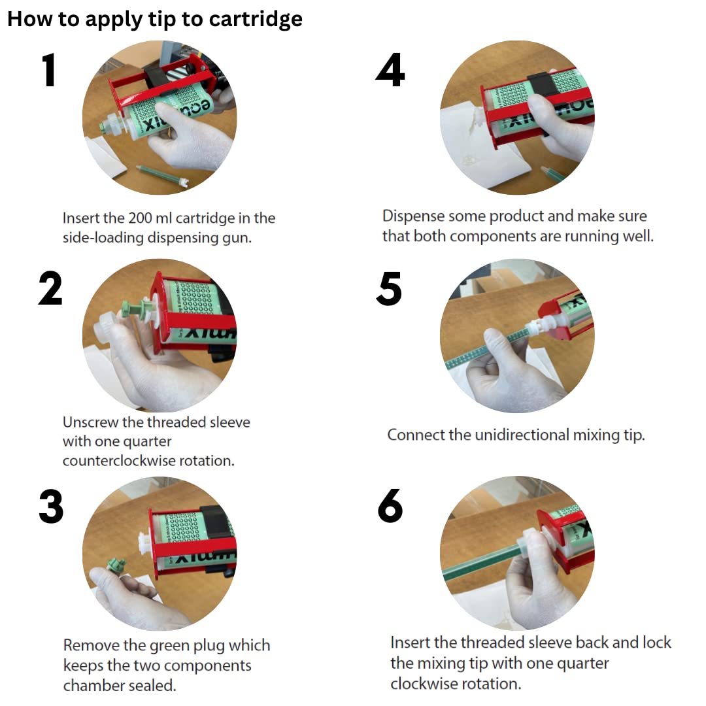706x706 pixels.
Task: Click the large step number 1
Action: pos(49,70)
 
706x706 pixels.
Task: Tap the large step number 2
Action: pos(50,288)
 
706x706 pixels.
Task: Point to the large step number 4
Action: pos(390,70)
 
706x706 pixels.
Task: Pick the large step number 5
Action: pos(389,289)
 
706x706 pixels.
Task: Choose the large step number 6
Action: pos(390,506)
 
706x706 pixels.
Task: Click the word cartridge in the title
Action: pos(256,20)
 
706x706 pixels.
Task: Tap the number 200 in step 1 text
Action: pos(140,218)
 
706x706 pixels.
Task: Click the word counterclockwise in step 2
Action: pos(119,461)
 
